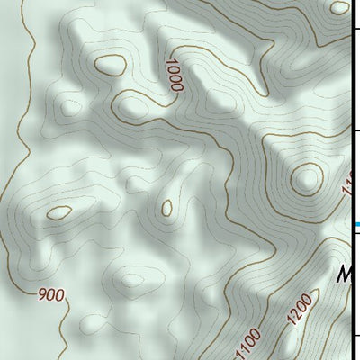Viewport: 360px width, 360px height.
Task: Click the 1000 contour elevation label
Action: click(x=174, y=75)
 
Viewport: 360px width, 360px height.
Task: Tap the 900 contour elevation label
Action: click(x=52, y=294)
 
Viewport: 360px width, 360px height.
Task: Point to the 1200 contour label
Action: click(x=301, y=310)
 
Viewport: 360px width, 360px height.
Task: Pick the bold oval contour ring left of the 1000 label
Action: click(x=111, y=66)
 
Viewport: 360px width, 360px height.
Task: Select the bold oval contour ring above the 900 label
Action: click(x=59, y=213)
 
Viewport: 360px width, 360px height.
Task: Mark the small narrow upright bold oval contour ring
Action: click(x=167, y=208)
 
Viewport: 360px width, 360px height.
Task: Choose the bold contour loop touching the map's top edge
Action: click(x=339, y=7)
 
